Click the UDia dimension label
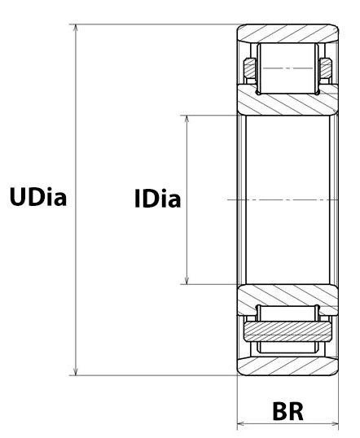click(x=37, y=198)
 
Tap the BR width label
click(x=288, y=410)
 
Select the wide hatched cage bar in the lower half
click(x=288, y=331)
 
